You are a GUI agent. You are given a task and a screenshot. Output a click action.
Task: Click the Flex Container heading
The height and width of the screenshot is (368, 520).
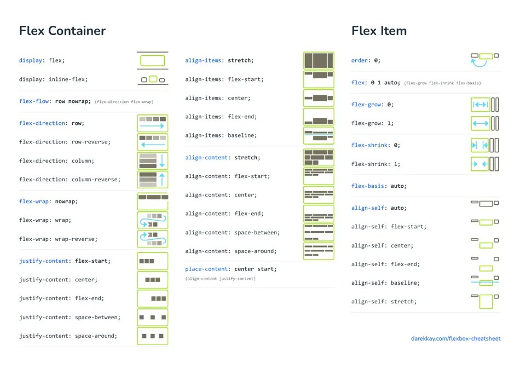click(62, 31)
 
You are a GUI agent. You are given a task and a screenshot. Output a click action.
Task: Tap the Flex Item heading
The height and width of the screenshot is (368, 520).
click(379, 31)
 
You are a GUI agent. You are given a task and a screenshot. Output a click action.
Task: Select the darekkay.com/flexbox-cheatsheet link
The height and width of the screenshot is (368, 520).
click(455, 338)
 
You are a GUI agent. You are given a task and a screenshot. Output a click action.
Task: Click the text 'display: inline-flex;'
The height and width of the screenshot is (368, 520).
click(53, 79)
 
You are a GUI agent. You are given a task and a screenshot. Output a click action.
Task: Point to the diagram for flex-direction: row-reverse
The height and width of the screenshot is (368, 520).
click(152, 142)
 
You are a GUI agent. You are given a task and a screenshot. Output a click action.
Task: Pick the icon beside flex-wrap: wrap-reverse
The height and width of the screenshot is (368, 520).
click(152, 239)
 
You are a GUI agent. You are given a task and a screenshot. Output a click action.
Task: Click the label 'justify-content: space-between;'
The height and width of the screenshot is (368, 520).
click(70, 317)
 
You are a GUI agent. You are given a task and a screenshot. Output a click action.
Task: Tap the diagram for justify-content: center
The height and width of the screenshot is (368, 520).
click(152, 280)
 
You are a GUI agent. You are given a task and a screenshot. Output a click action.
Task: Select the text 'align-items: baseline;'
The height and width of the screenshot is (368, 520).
click(221, 135)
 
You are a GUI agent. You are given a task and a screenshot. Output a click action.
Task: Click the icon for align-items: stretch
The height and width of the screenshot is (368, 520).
click(319, 60)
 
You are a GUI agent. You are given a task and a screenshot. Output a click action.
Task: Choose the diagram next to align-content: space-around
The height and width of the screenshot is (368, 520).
click(319, 251)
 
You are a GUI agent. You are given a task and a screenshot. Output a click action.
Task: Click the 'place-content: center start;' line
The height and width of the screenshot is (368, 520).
click(230, 269)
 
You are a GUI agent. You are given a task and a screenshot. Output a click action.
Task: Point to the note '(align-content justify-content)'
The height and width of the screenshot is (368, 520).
click(220, 279)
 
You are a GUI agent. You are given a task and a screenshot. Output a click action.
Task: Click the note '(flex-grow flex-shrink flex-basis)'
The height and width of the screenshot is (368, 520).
click(442, 83)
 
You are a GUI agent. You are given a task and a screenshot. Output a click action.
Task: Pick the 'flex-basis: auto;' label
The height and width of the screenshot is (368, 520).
click(379, 186)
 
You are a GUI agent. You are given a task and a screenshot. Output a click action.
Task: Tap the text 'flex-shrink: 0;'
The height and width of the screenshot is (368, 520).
click(375, 145)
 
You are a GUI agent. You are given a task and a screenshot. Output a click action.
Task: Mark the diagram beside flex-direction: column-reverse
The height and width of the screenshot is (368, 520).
click(152, 179)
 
